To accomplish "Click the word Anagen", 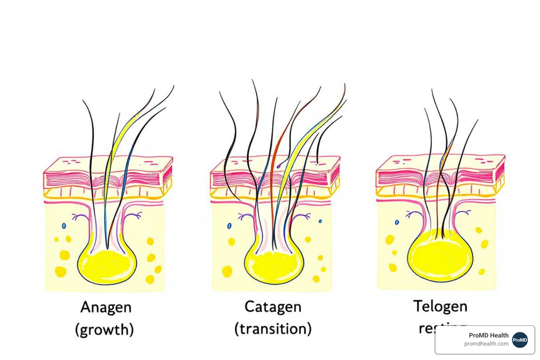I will tap(106, 308).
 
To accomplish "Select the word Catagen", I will tap(273, 307).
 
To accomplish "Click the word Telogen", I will tap(440, 307).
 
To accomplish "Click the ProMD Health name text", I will tap(488, 335).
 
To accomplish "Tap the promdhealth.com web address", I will tap(486, 344).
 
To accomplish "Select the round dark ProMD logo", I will tap(520, 340).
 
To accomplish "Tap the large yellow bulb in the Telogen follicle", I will tap(440, 256).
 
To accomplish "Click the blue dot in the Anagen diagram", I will tap(64, 226).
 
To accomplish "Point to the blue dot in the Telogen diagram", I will tap(397, 222).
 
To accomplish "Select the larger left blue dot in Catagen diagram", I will tap(229, 226).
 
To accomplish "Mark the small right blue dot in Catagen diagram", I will tap(320, 221).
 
